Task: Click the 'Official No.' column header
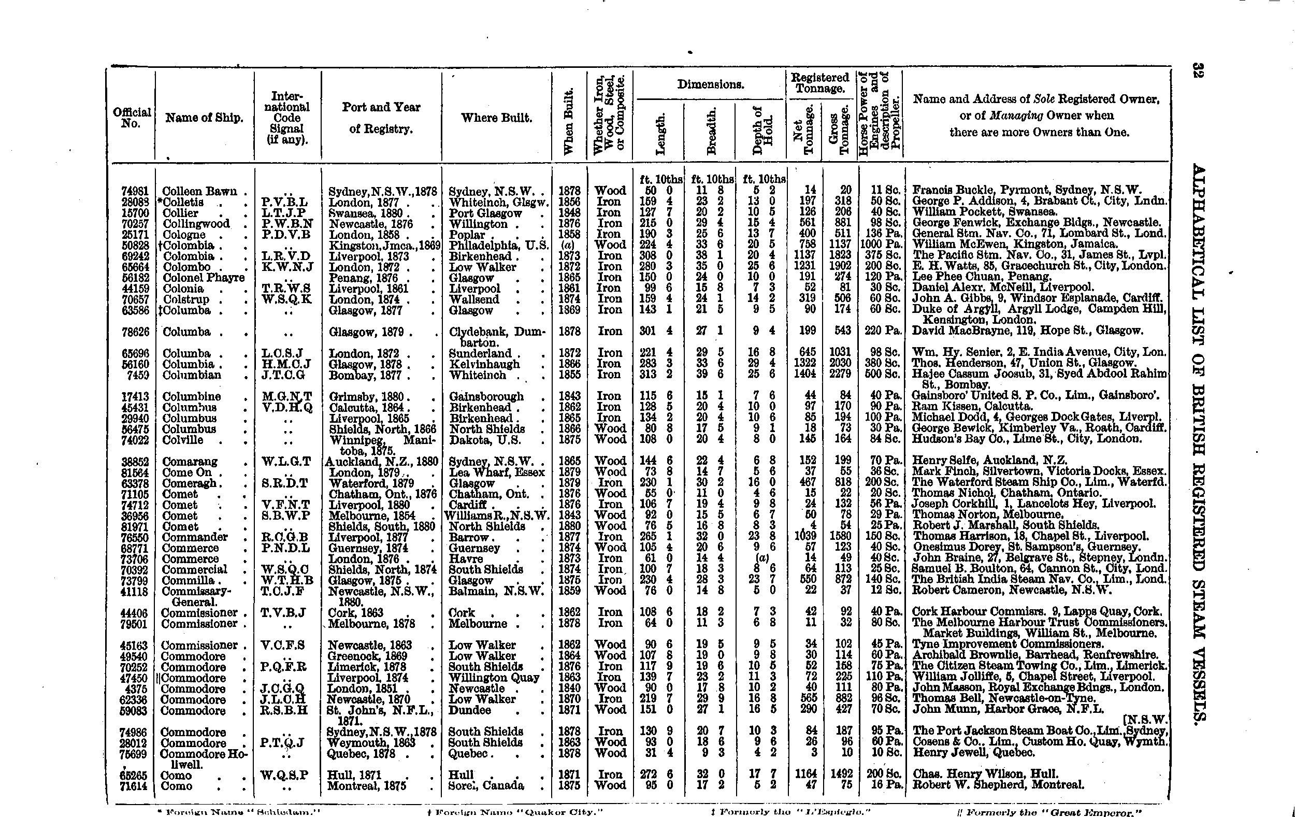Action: pos(131,117)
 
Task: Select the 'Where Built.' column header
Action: pos(496,118)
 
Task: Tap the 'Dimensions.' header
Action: pos(710,84)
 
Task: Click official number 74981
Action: pos(136,191)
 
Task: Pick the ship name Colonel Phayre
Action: pos(203,278)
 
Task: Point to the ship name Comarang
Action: pos(190,462)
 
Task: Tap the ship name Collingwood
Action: pos(196,224)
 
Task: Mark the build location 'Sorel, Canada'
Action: pos(486,786)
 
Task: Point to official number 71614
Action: pos(136,786)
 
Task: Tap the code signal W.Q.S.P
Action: pos(285,775)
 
